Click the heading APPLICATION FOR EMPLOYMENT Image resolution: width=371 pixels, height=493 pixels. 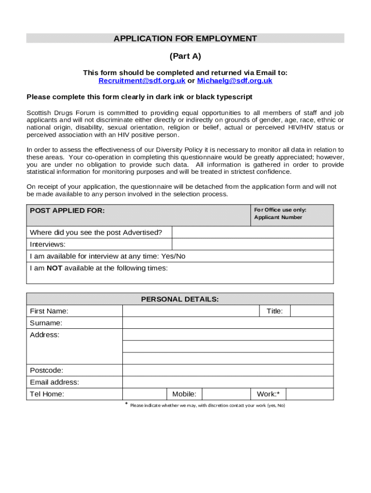[185, 39]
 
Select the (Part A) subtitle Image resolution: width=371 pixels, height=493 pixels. [185, 56]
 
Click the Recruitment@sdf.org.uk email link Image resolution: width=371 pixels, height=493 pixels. [142, 81]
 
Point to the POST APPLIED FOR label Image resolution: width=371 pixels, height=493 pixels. [67, 210]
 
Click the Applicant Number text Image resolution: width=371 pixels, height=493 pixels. [278, 217]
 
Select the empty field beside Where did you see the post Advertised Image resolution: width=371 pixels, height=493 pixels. [252, 233]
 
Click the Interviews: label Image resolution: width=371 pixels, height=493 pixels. [48, 245]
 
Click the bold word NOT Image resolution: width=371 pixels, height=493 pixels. [54, 268]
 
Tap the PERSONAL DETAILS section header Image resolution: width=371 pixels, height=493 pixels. [180, 299]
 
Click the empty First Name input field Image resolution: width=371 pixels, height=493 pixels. [191, 311]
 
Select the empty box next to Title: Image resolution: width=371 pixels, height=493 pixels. [311, 311]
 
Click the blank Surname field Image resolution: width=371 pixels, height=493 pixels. [227, 323]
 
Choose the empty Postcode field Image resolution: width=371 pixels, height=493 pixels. [227, 370]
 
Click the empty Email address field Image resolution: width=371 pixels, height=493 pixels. [227, 382]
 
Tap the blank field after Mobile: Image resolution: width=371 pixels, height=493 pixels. [226, 394]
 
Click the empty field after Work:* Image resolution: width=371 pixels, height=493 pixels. [309, 394]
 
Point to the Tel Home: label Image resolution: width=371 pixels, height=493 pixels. [47, 394]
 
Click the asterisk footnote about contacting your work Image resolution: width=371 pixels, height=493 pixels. [207, 405]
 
